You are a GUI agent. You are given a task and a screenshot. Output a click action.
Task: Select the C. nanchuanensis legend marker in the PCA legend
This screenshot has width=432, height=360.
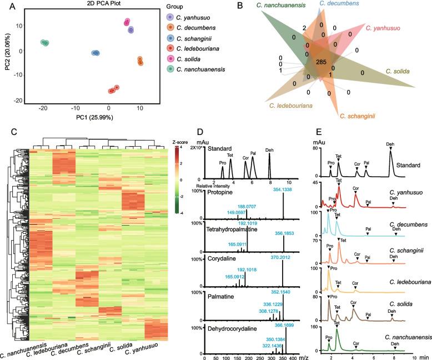(171, 69)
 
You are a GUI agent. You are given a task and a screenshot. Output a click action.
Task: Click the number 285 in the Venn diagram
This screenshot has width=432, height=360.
(320, 63)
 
